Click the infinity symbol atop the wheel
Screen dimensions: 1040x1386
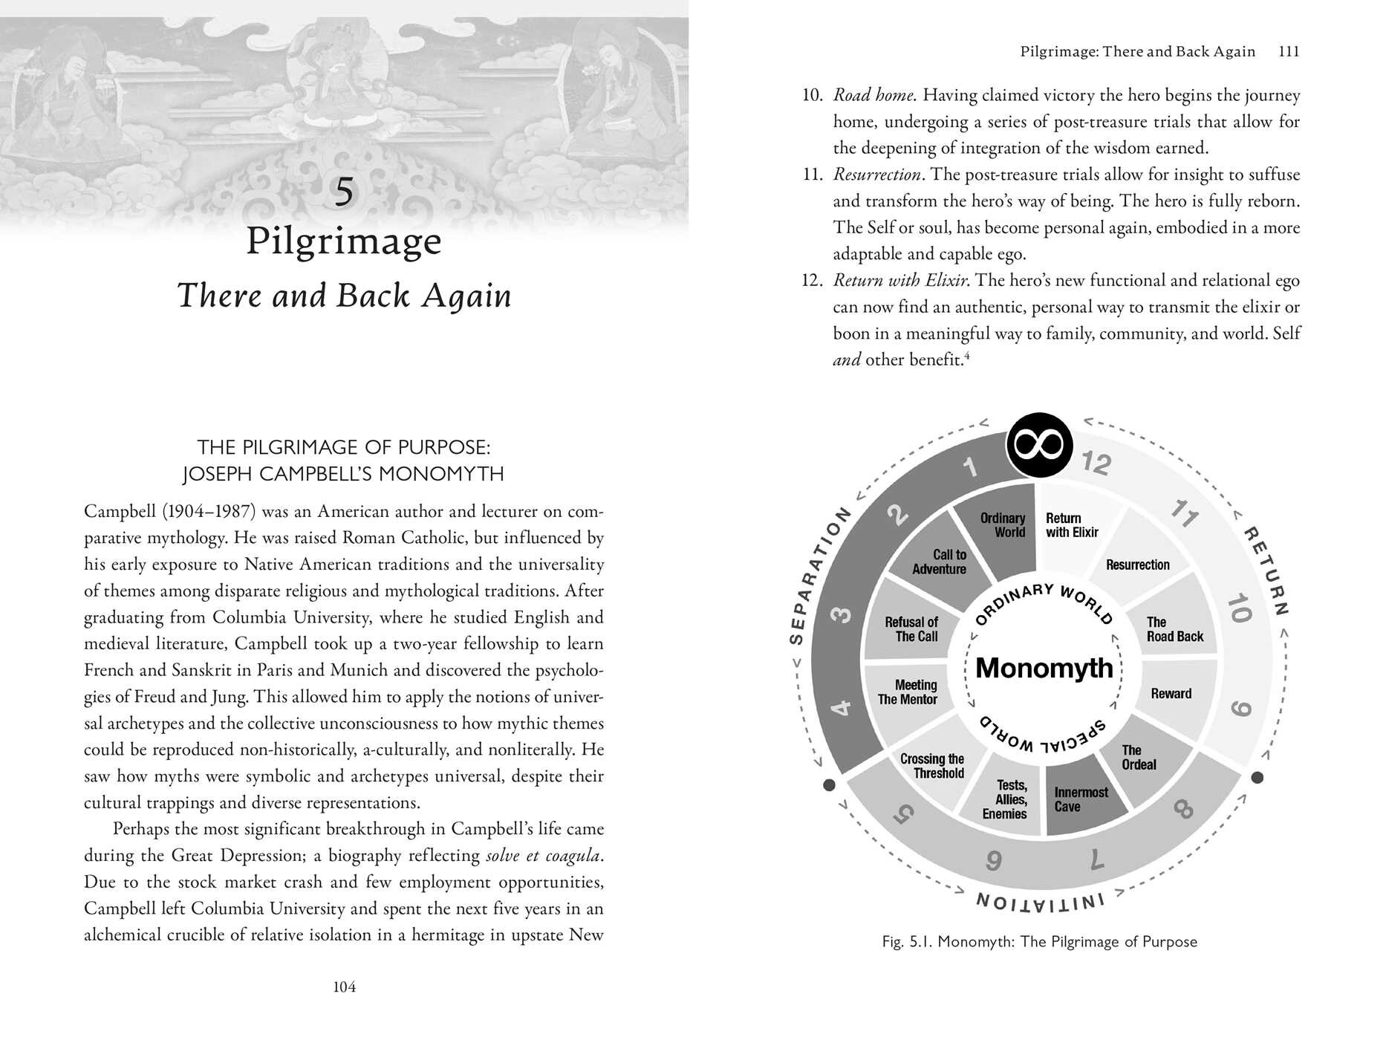point(1039,445)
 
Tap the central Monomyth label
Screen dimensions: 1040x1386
point(1044,668)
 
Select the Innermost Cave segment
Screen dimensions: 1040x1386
point(1081,799)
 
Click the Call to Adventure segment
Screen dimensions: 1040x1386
point(940,562)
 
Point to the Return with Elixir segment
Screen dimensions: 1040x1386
point(1071,525)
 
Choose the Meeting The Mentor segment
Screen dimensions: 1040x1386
point(908,692)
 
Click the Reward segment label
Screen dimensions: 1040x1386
point(1171,694)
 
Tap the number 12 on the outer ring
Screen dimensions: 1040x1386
point(1096,463)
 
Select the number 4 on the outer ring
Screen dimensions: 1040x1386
point(840,706)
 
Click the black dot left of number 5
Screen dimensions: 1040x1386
point(830,785)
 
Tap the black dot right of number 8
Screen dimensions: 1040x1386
point(1258,778)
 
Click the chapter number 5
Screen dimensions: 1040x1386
point(344,192)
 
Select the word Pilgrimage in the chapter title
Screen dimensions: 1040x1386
point(344,241)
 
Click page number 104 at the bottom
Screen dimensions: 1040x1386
point(344,987)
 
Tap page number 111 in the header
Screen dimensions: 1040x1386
point(1289,51)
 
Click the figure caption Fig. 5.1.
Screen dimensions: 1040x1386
point(1039,942)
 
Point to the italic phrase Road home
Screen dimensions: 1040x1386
point(874,95)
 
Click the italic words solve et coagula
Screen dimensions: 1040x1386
point(542,856)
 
